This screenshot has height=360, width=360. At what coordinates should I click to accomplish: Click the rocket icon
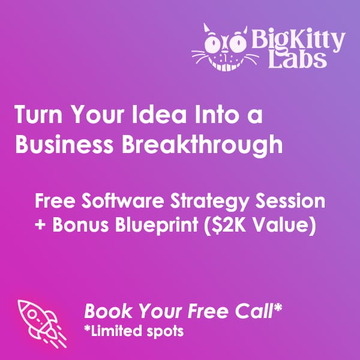pos(42,324)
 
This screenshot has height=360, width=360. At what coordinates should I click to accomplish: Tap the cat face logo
pos(225,47)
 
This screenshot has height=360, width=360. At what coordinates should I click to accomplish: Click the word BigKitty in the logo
pos(298,40)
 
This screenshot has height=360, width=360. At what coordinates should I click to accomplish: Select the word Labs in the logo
pos(298,59)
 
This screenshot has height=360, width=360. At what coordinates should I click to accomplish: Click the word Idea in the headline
pos(159,115)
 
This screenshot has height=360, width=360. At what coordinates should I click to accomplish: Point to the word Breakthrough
pos(202,145)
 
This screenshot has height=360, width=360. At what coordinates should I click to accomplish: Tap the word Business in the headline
pos(64,145)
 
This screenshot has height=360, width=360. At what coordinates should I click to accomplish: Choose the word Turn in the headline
pos(38,115)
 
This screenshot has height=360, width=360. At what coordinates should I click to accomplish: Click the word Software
pos(123,200)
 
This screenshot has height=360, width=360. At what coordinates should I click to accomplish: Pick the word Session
pos(290,200)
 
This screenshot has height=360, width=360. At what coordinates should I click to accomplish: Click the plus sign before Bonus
pos(40,224)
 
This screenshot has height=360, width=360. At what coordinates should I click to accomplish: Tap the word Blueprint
pos(157,225)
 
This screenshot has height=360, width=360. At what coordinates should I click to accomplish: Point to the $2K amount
pos(230,224)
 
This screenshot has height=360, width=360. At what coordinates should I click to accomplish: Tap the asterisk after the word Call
pos(278,307)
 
